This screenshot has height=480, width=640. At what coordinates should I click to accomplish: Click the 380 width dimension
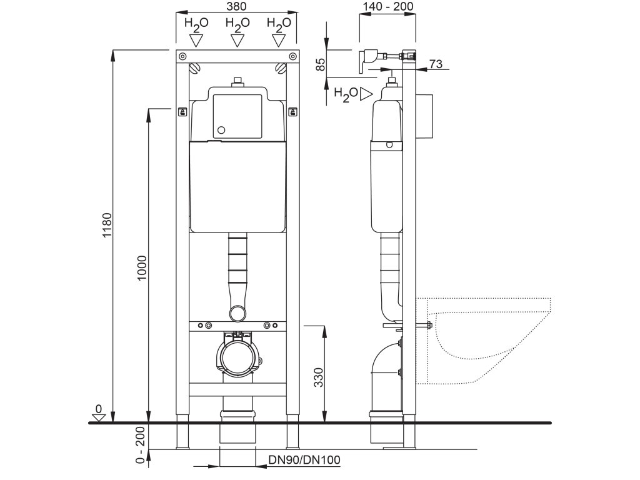237,6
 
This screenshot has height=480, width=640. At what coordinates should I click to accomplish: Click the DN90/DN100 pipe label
304,461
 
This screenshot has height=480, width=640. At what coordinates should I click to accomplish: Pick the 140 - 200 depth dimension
387,6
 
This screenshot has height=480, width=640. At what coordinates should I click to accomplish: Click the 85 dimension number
321,64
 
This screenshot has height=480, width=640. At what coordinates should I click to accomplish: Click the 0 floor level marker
98,409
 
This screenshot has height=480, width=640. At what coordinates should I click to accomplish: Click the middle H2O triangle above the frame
237,40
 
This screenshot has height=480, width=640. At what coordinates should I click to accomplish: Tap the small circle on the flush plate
221,131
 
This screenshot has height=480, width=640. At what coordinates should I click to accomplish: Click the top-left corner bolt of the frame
182,57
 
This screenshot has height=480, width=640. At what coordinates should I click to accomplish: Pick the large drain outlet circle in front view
237,358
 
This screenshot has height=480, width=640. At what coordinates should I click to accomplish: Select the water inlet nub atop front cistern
237,81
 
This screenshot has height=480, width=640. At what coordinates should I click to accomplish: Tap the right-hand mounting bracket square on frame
292,112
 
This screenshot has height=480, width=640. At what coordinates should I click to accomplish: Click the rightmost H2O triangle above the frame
279,40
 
